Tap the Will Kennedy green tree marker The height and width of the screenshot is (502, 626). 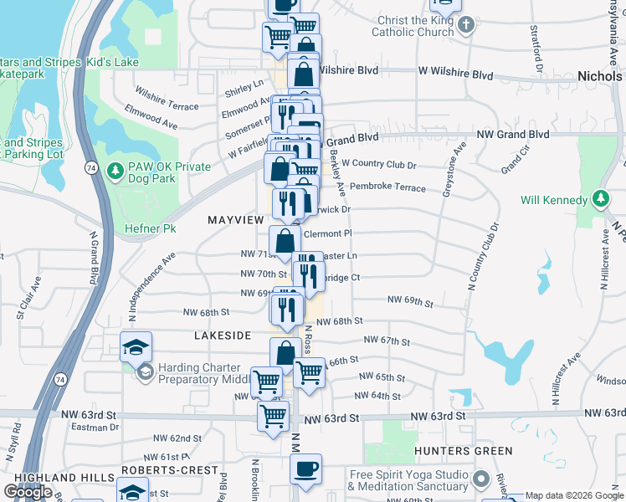point(599,199)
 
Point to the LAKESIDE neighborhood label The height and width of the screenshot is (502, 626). point(223,335)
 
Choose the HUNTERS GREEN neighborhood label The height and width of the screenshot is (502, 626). point(463,451)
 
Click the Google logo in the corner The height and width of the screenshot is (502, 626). point(28,492)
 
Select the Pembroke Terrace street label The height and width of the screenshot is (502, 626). point(387,187)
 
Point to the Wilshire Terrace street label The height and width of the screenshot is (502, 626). point(172,105)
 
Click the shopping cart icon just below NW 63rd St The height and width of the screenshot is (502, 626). point(274,416)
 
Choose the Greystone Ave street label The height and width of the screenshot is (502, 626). point(450,173)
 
